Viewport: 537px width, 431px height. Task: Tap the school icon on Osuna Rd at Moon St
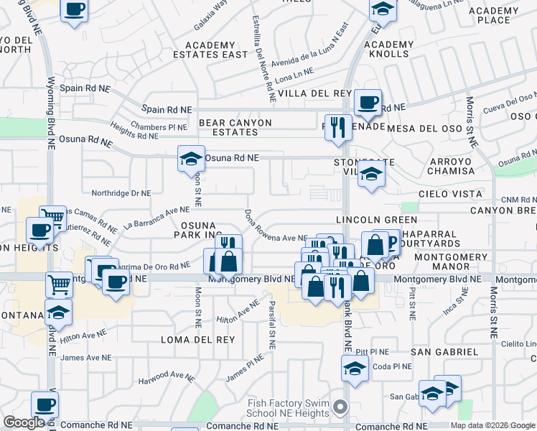point(192,158)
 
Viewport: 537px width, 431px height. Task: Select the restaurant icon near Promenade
point(338,128)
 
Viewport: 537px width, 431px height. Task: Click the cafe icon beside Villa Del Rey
point(368,102)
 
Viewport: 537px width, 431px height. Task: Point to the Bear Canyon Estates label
point(235,127)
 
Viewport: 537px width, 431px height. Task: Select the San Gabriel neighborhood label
point(444,351)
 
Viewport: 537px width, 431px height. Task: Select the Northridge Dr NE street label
point(121,193)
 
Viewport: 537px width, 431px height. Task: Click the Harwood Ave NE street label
point(167,378)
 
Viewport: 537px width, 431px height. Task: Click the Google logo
point(24,422)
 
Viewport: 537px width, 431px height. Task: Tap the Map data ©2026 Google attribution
point(492,425)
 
